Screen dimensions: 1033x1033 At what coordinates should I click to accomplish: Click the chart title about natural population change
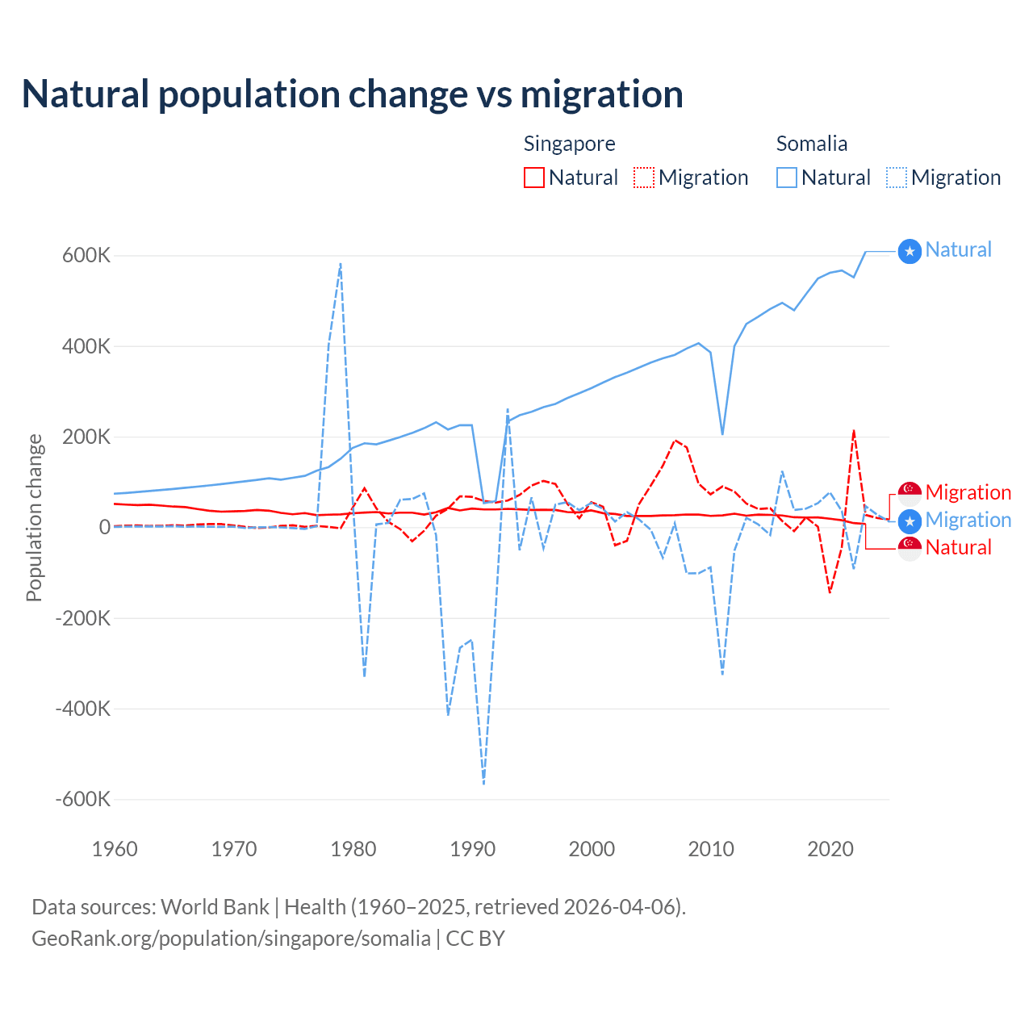click(x=352, y=94)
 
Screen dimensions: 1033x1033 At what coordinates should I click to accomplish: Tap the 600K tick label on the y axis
click(x=86, y=256)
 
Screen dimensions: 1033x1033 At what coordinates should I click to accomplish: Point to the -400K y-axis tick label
click(x=82, y=709)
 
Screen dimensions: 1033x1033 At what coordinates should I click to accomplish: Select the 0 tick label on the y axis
click(x=104, y=528)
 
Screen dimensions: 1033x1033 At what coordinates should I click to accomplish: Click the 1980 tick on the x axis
click(x=353, y=849)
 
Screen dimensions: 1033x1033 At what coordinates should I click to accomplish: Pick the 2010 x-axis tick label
click(x=711, y=849)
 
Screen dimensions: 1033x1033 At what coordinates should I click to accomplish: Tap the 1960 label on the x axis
click(x=115, y=849)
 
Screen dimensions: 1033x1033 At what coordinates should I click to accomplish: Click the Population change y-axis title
click(x=34, y=517)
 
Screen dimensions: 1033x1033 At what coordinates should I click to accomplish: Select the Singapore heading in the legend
click(x=569, y=144)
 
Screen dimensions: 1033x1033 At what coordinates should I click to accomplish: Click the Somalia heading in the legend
click(x=811, y=144)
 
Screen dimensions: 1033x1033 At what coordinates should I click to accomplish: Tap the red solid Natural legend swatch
click(x=534, y=178)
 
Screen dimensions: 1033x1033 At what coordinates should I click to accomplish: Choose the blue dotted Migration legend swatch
click(x=897, y=178)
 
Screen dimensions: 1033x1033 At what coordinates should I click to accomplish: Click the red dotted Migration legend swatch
click(x=644, y=178)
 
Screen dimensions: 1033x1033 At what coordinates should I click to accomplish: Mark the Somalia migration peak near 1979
click(x=341, y=264)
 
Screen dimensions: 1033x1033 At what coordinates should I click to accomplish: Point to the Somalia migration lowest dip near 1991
click(x=483, y=783)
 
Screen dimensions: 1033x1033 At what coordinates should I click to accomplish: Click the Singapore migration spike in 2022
click(x=854, y=431)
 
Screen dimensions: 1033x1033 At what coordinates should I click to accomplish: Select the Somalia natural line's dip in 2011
click(x=722, y=434)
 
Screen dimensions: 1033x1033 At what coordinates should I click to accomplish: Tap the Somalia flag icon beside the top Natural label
click(x=910, y=252)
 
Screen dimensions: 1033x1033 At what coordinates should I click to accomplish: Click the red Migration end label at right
click(x=968, y=492)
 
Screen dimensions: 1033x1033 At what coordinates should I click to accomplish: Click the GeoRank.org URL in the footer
click(x=231, y=939)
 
